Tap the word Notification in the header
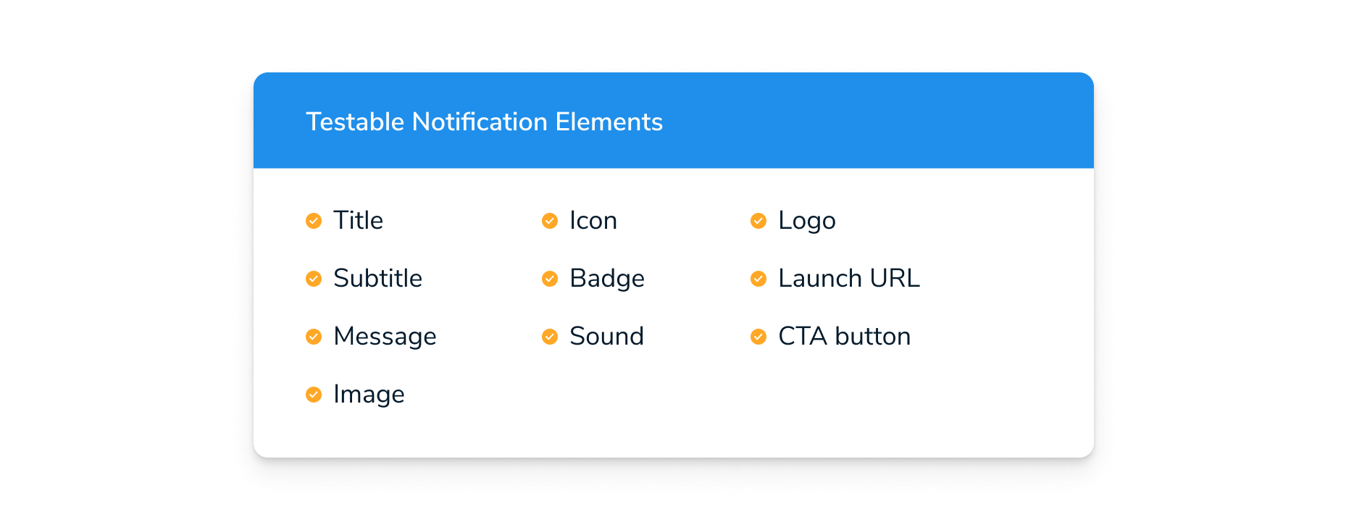click(480, 122)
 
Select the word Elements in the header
click(609, 122)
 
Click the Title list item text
click(358, 220)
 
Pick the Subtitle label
click(377, 278)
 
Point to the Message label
click(385, 337)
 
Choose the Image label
click(369, 395)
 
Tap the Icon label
click(593, 220)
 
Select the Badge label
click(607, 279)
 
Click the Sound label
click(607, 336)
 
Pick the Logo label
click(807, 221)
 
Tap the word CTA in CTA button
click(803, 336)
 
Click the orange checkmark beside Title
click(314, 220)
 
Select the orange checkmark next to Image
click(314, 395)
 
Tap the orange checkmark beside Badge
click(550, 279)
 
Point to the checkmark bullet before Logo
click(758, 220)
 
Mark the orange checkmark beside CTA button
click(758, 337)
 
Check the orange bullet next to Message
click(314, 337)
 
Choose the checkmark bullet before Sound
click(550, 337)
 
